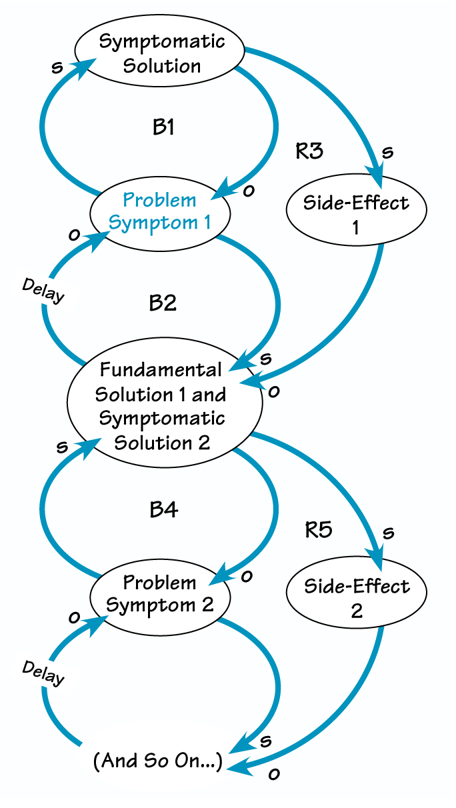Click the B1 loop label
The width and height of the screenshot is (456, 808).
163,127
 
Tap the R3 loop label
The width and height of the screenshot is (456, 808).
309,151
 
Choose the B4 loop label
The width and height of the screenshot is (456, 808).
163,510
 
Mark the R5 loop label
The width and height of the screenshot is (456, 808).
318,531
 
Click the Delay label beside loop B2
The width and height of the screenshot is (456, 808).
43,291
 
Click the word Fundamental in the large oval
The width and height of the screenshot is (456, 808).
160,370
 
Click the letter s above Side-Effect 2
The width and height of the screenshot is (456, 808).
389,533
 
